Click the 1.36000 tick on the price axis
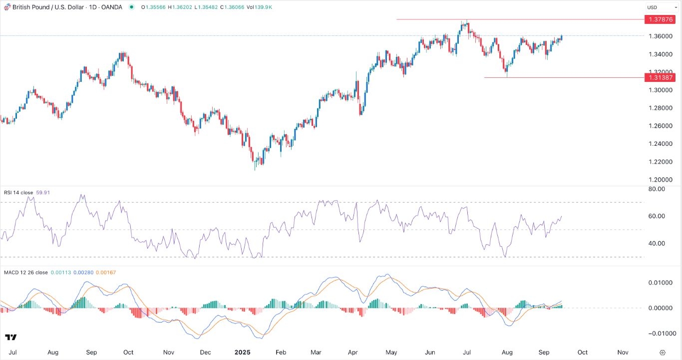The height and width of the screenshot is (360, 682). point(660,36)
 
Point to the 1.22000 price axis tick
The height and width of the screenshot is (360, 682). point(660,162)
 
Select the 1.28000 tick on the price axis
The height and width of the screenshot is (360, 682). point(660,108)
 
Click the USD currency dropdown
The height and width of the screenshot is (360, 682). point(656,7)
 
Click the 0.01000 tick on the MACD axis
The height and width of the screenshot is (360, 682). point(659,283)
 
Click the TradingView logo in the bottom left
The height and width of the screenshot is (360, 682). point(11,338)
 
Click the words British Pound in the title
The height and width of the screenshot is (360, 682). point(30,7)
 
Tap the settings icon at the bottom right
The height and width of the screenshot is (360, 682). point(662,352)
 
